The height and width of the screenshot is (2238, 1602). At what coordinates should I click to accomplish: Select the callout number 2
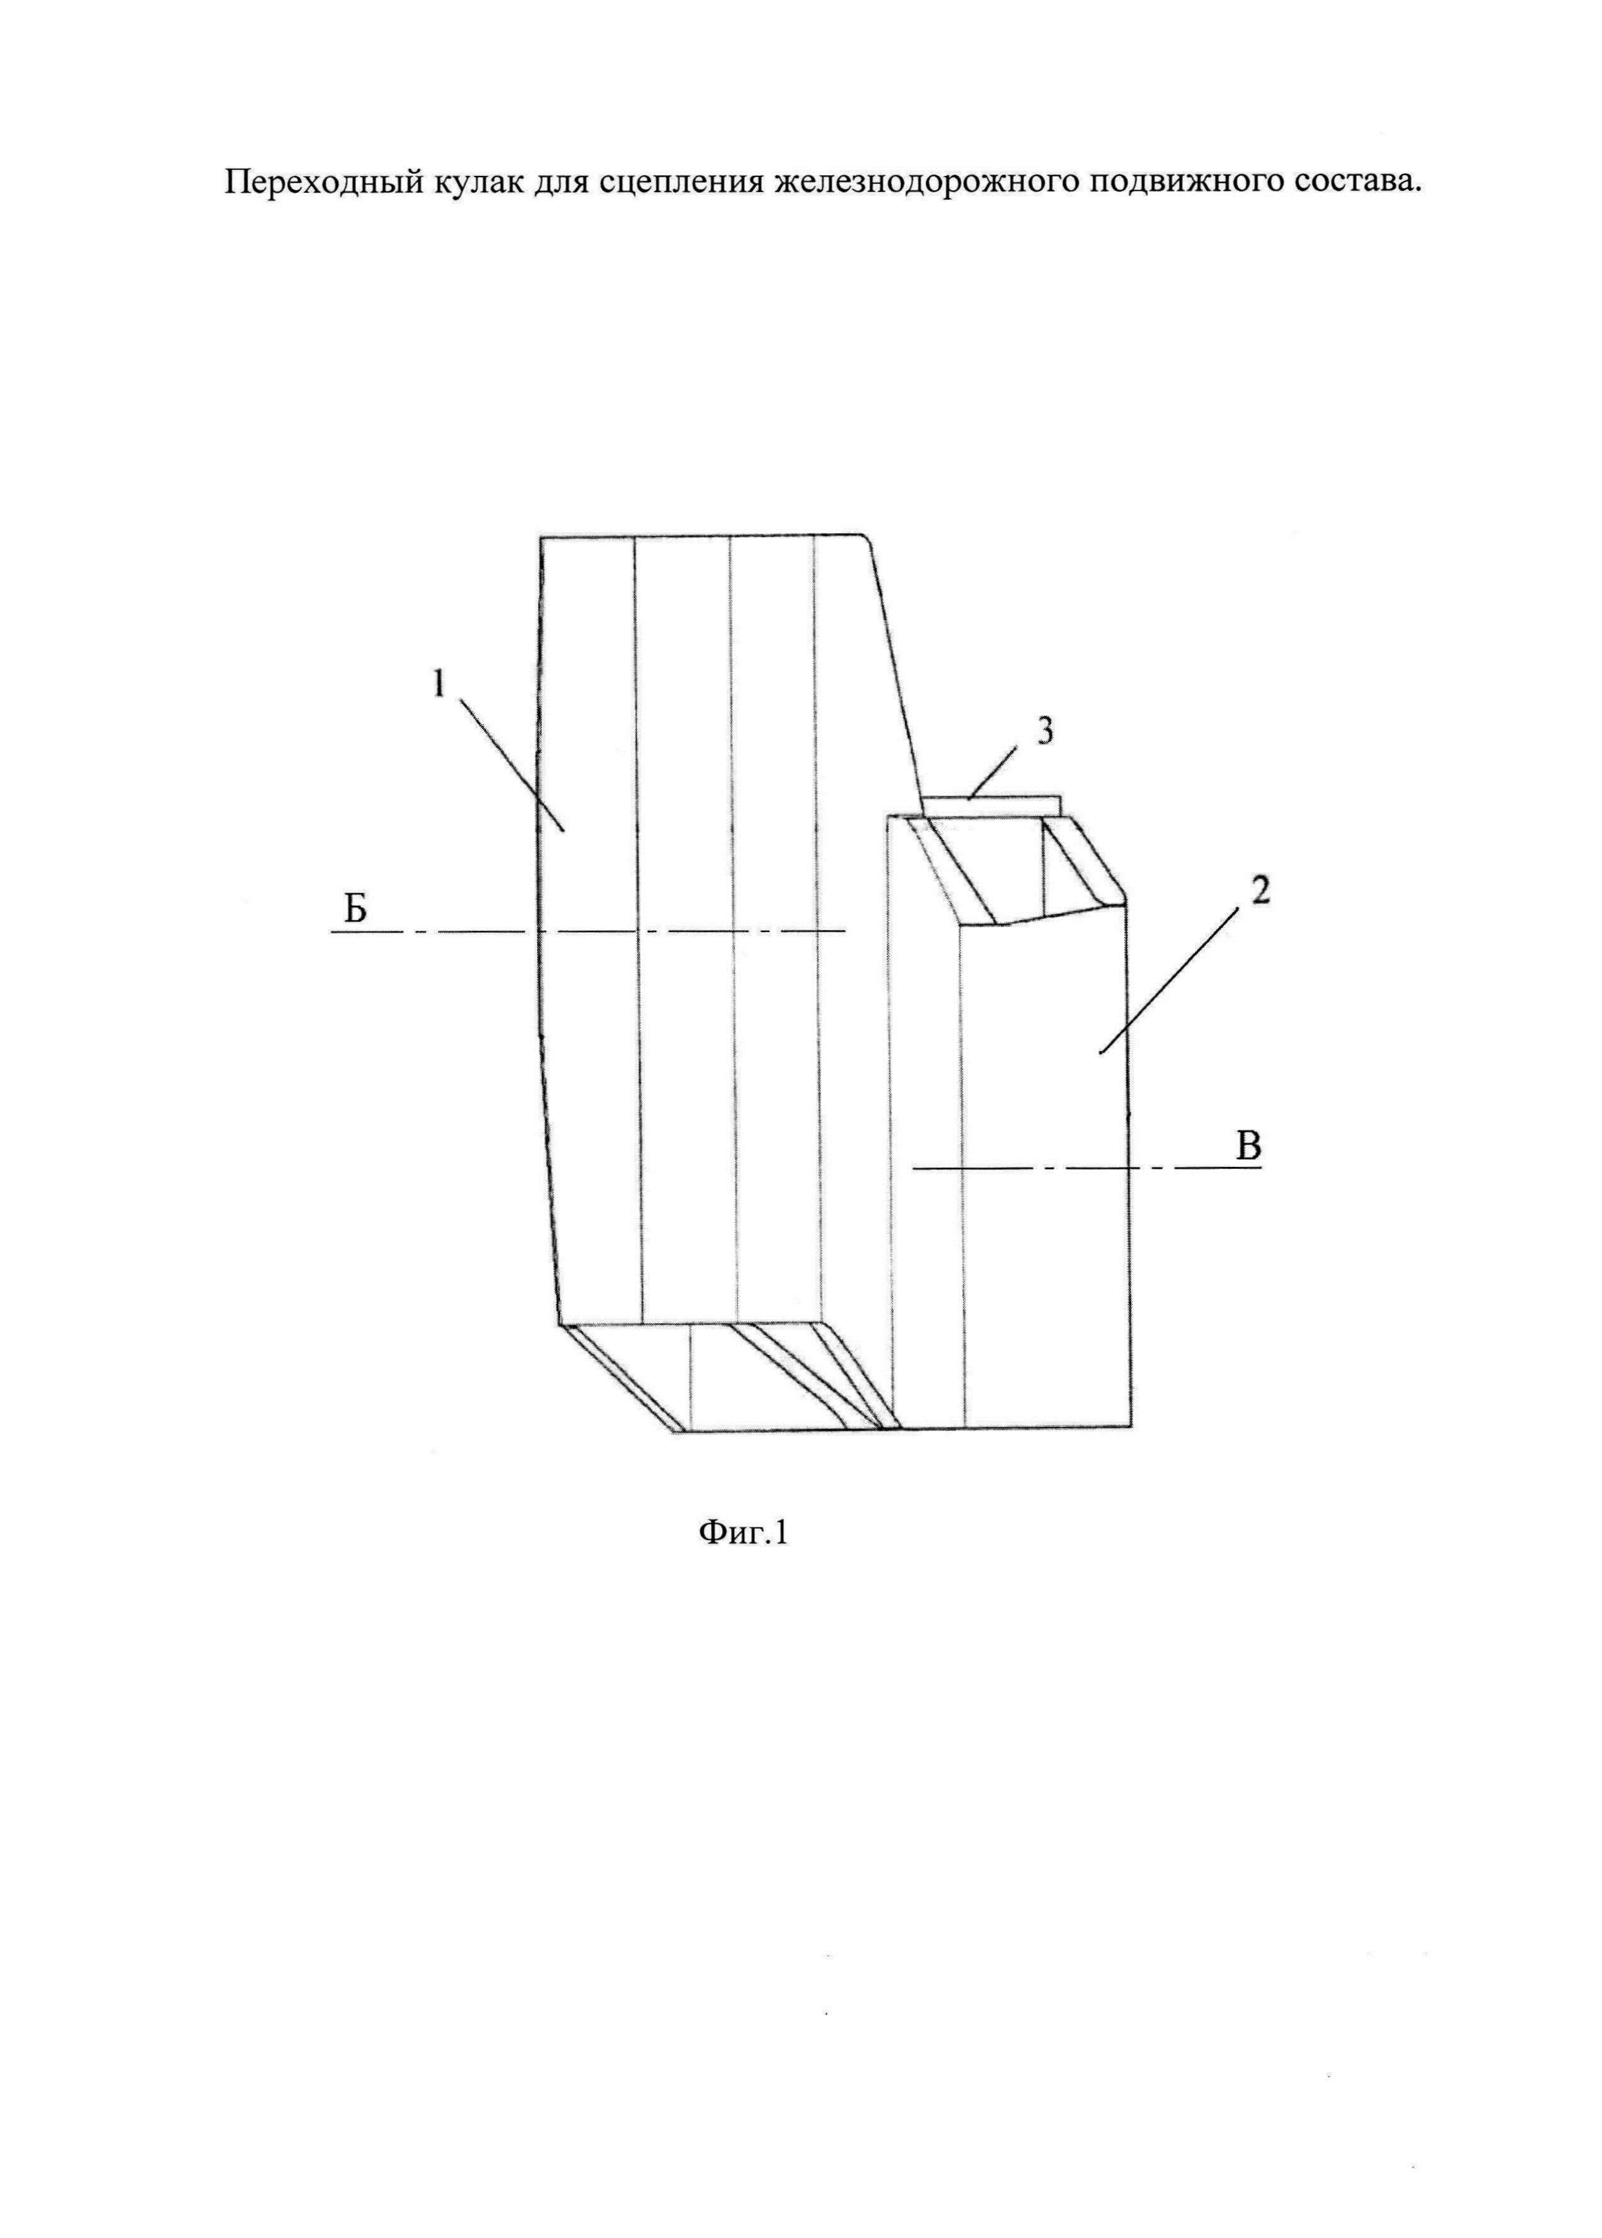(1260, 892)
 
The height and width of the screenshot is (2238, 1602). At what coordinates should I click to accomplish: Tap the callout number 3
(1046, 732)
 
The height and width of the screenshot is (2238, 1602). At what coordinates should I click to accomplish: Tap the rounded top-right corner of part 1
(863, 541)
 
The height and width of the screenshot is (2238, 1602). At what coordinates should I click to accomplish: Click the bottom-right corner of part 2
(1129, 1425)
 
